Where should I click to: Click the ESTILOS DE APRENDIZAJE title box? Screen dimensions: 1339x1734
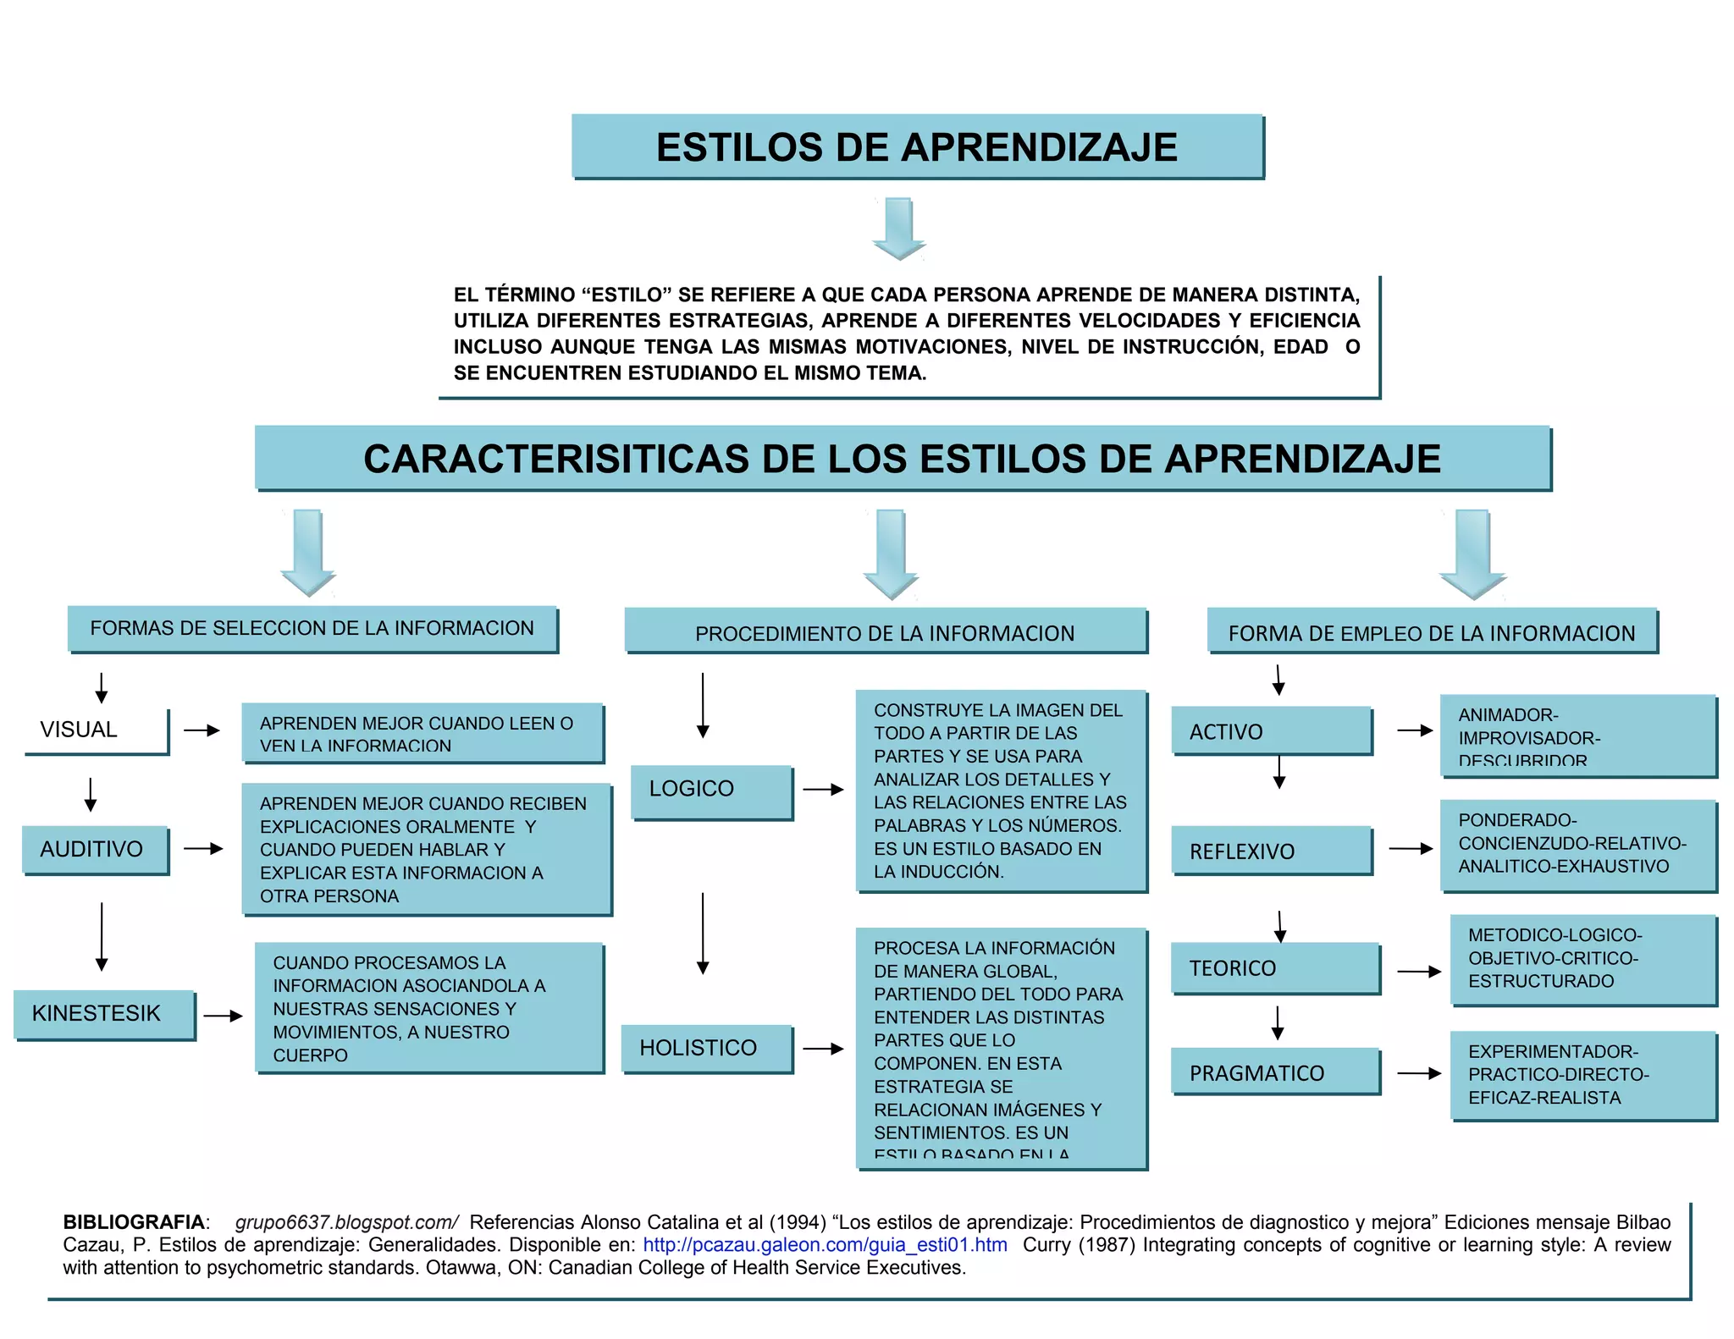[x=917, y=146]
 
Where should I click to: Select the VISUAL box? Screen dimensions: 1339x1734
[x=96, y=730]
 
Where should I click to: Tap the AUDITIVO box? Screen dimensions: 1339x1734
[x=95, y=849]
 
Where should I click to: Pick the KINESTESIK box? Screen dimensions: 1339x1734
[x=104, y=1014]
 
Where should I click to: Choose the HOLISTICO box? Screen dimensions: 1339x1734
[x=706, y=1049]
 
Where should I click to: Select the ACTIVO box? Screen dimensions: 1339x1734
[x=1271, y=731]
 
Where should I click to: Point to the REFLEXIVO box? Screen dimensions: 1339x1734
[x=1271, y=851]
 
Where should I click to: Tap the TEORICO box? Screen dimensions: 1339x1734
[x=1274, y=968]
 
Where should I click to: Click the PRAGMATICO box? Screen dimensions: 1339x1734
[x=1274, y=1072]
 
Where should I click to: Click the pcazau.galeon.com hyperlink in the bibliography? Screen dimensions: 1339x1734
[x=825, y=1245]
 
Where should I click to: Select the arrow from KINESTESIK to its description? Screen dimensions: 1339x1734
[x=223, y=1016]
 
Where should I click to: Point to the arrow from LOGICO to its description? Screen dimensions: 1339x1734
[x=823, y=790]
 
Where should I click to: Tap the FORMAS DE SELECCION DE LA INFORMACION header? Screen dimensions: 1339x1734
[x=312, y=629]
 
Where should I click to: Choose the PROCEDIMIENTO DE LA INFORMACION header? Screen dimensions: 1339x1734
[x=886, y=631]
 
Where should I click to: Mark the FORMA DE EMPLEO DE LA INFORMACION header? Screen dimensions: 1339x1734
[x=1432, y=631]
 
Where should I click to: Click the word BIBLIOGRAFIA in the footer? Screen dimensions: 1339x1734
[x=134, y=1222]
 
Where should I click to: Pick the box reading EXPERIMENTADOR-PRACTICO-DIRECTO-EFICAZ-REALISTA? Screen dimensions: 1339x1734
[x=1582, y=1075]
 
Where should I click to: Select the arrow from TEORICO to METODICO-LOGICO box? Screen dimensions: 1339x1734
[x=1418, y=972]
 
